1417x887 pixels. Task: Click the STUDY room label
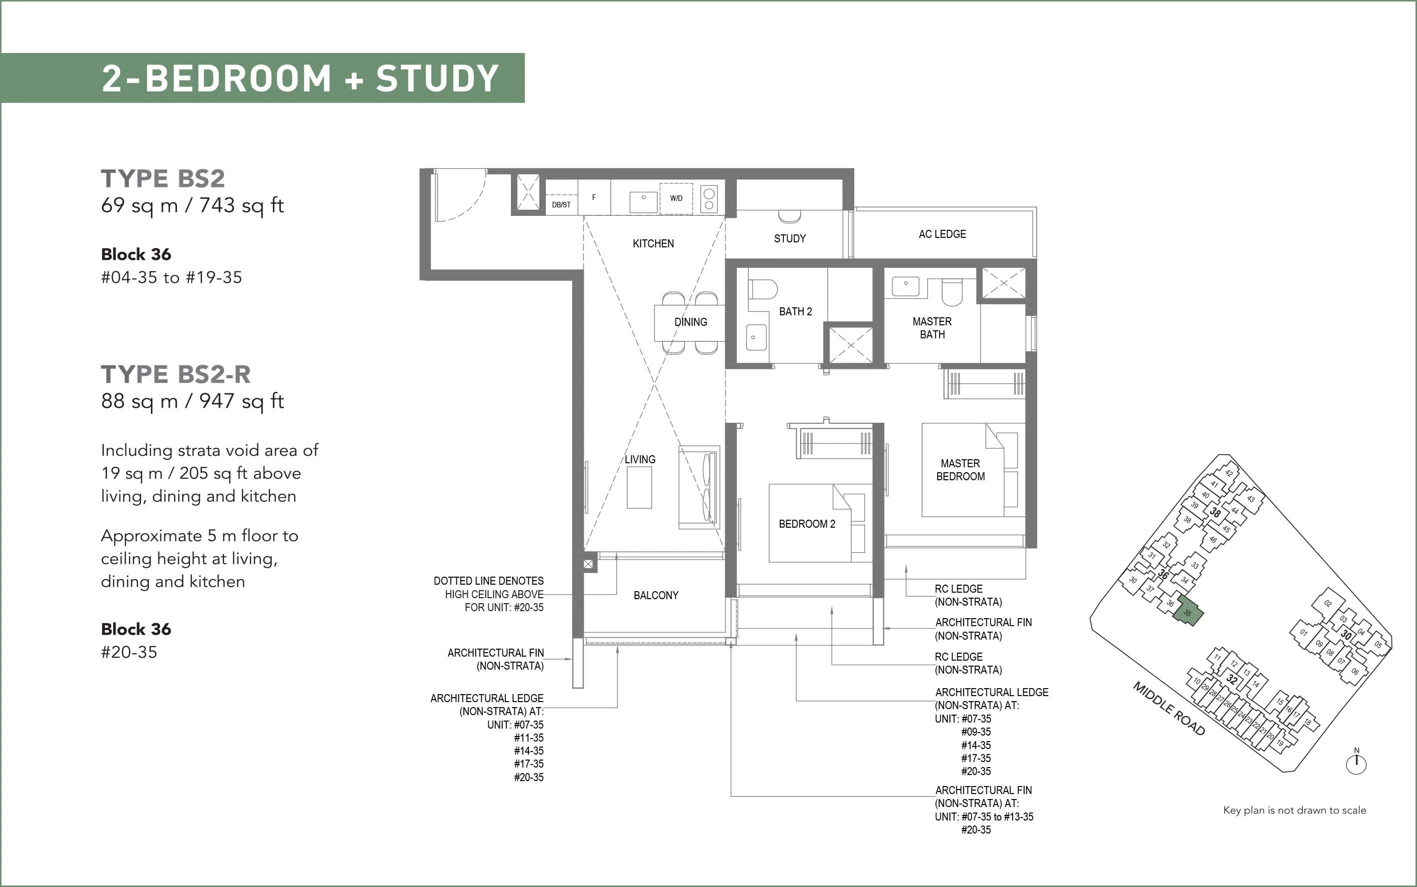pyautogui.click(x=790, y=239)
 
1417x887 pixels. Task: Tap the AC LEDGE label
pyautogui.click(x=942, y=234)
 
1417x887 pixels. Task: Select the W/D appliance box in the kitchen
pyautogui.click(x=676, y=199)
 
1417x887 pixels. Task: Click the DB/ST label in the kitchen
pyautogui.click(x=561, y=205)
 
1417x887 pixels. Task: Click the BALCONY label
pyautogui.click(x=656, y=596)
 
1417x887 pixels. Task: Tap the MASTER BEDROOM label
pyautogui.click(x=961, y=470)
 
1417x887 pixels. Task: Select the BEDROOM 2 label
pyautogui.click(x=807, y=524)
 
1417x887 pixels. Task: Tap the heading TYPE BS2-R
pyautogui.click(x=176, y=374)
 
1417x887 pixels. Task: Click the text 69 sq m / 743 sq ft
pyautogui.click(x=192, y=205)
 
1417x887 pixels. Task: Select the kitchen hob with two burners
pyautogui.click(x=709, y=199)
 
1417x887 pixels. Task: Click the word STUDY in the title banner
pyautogui.click(x=437, y=78)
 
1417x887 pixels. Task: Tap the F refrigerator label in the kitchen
pyautogui.click(x=594, y=198)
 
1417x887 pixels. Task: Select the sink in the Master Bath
pyautogui.click(x=906, y=286)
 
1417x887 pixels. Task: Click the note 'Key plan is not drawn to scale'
pyautogui.click(x=1295, y=810)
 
